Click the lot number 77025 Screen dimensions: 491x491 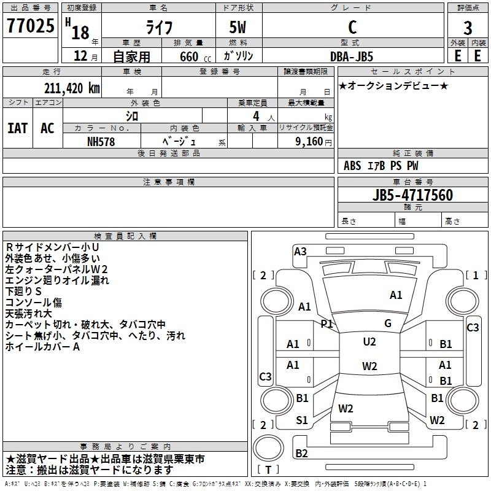pos(31,25)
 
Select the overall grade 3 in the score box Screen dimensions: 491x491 pos(468,28)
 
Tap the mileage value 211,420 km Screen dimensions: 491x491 pos(72,88)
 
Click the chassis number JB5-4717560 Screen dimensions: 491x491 pos(412,195)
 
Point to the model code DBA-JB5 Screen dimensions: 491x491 pos(352,56)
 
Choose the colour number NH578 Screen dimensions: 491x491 pos(101,142)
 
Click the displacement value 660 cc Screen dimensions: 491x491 pos(195,56)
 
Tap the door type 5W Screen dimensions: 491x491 pos(238,27)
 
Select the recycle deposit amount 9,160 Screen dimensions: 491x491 pos(309,142)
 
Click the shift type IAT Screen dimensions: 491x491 pos(18,128)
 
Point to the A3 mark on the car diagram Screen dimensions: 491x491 pos(300,252)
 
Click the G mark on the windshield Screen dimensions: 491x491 pos(388,323)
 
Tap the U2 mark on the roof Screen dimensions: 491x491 pos(369,342)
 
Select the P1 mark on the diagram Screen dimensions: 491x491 pos(327,323)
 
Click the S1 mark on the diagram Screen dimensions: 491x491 pos(302,420)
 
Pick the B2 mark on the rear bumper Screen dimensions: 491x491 pos(301,453)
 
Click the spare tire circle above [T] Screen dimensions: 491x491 pos(268,447)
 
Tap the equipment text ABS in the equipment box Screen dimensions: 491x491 pos(352,166)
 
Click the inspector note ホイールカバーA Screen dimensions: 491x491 pos(42,347)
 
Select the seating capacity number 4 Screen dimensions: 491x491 pos(256,116)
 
